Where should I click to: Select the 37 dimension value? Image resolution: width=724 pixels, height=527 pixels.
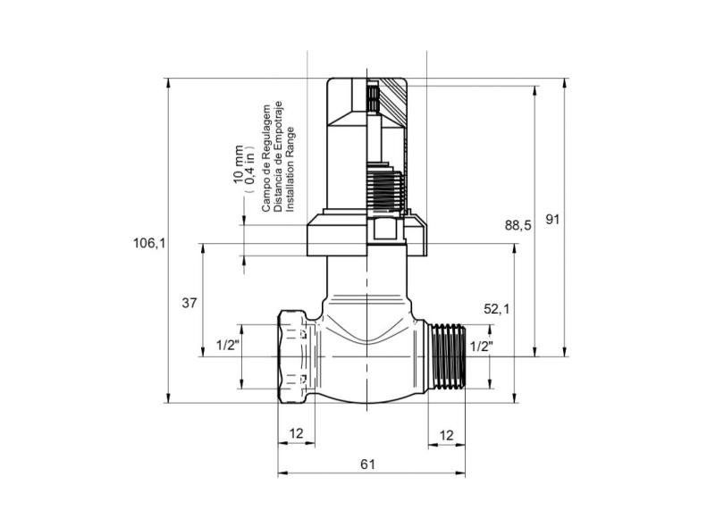189,303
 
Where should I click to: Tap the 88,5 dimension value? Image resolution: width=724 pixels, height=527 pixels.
518,226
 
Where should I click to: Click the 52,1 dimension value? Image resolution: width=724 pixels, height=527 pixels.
496,309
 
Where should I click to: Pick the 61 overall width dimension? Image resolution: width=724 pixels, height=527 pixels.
366,464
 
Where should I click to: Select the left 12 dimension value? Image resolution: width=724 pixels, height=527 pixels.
297,434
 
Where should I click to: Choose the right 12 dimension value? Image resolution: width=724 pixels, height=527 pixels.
447,434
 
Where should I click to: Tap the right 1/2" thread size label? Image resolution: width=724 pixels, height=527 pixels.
481,346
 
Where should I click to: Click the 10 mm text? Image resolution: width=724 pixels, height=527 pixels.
238,164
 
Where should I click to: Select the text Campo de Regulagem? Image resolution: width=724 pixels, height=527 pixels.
265,157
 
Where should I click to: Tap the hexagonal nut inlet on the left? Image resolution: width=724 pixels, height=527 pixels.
296,356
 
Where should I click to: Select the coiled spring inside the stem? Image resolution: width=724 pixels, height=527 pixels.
385,191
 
